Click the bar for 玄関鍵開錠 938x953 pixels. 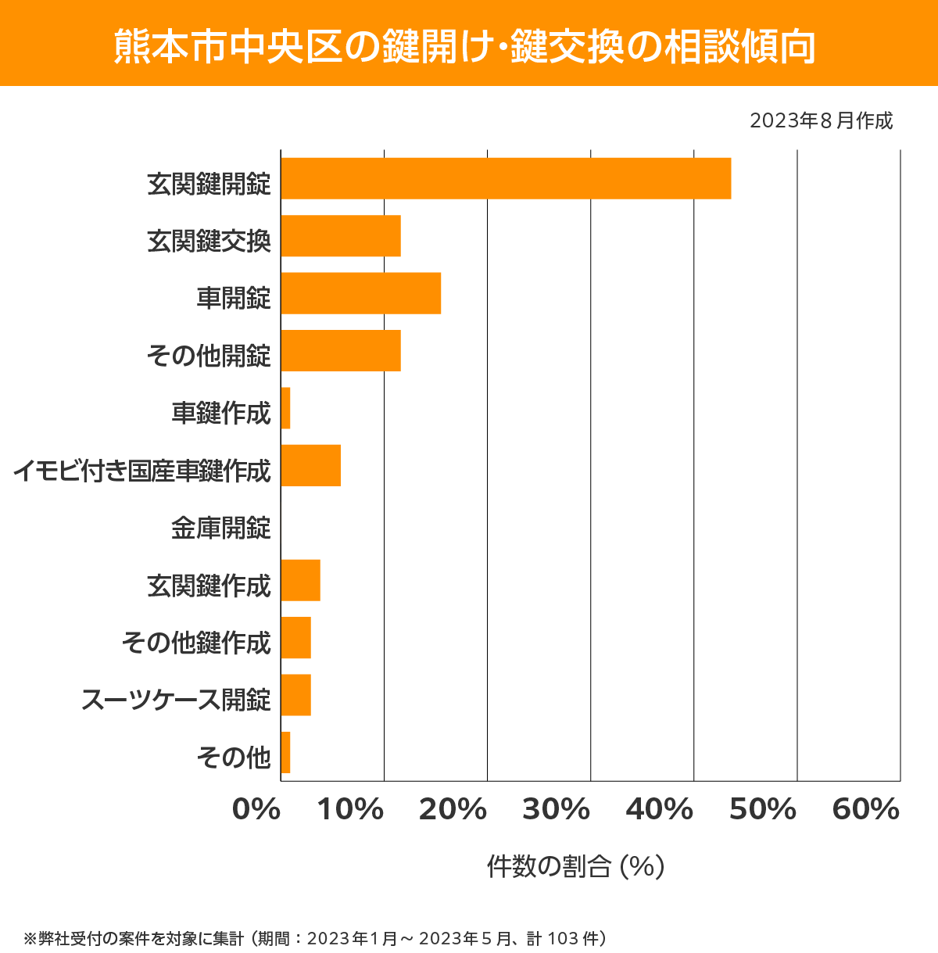(x=506, y=178)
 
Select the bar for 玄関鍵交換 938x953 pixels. (x=341, y=236)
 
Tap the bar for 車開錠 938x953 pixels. (x=360, y=293)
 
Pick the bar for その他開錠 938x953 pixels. (x=341, y=350)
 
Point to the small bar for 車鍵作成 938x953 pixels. (x=285, y=408)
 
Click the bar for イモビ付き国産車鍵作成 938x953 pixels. (x=310, y=465)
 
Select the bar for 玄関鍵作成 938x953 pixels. (x=300, y=580)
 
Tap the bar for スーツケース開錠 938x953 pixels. (x=295, y=695)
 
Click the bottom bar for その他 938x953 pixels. (x=285, y=752)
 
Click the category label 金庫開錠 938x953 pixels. (x=221, y=528)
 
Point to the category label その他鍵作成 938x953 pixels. (x=196, y=643)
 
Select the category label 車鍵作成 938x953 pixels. (x=221, y=414)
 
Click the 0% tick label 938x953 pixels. (x=256, y=810)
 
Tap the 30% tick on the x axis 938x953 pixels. (x=556, y=810)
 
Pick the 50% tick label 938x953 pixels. (x=762, y=810)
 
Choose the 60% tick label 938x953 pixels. (x=865, y=810)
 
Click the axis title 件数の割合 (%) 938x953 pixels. (x=575, y=866)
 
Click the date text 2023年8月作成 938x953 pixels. (x=821, y=121)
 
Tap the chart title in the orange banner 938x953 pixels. (x=465, y=46)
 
